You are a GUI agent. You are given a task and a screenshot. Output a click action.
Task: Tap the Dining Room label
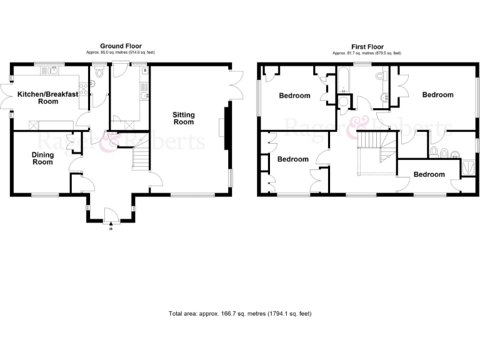coord(42,158)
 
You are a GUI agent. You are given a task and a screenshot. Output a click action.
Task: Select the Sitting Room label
coord(184,118)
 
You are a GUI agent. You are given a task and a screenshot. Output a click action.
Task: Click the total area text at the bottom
coord(240,313)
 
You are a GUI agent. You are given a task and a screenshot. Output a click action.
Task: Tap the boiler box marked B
coord(144,71)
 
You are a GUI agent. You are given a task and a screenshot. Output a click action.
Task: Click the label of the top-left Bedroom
coord(294,96)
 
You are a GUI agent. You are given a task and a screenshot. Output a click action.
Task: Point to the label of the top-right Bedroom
coord(437,94)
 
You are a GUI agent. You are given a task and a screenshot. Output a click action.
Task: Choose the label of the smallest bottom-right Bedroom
coord(429,174)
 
